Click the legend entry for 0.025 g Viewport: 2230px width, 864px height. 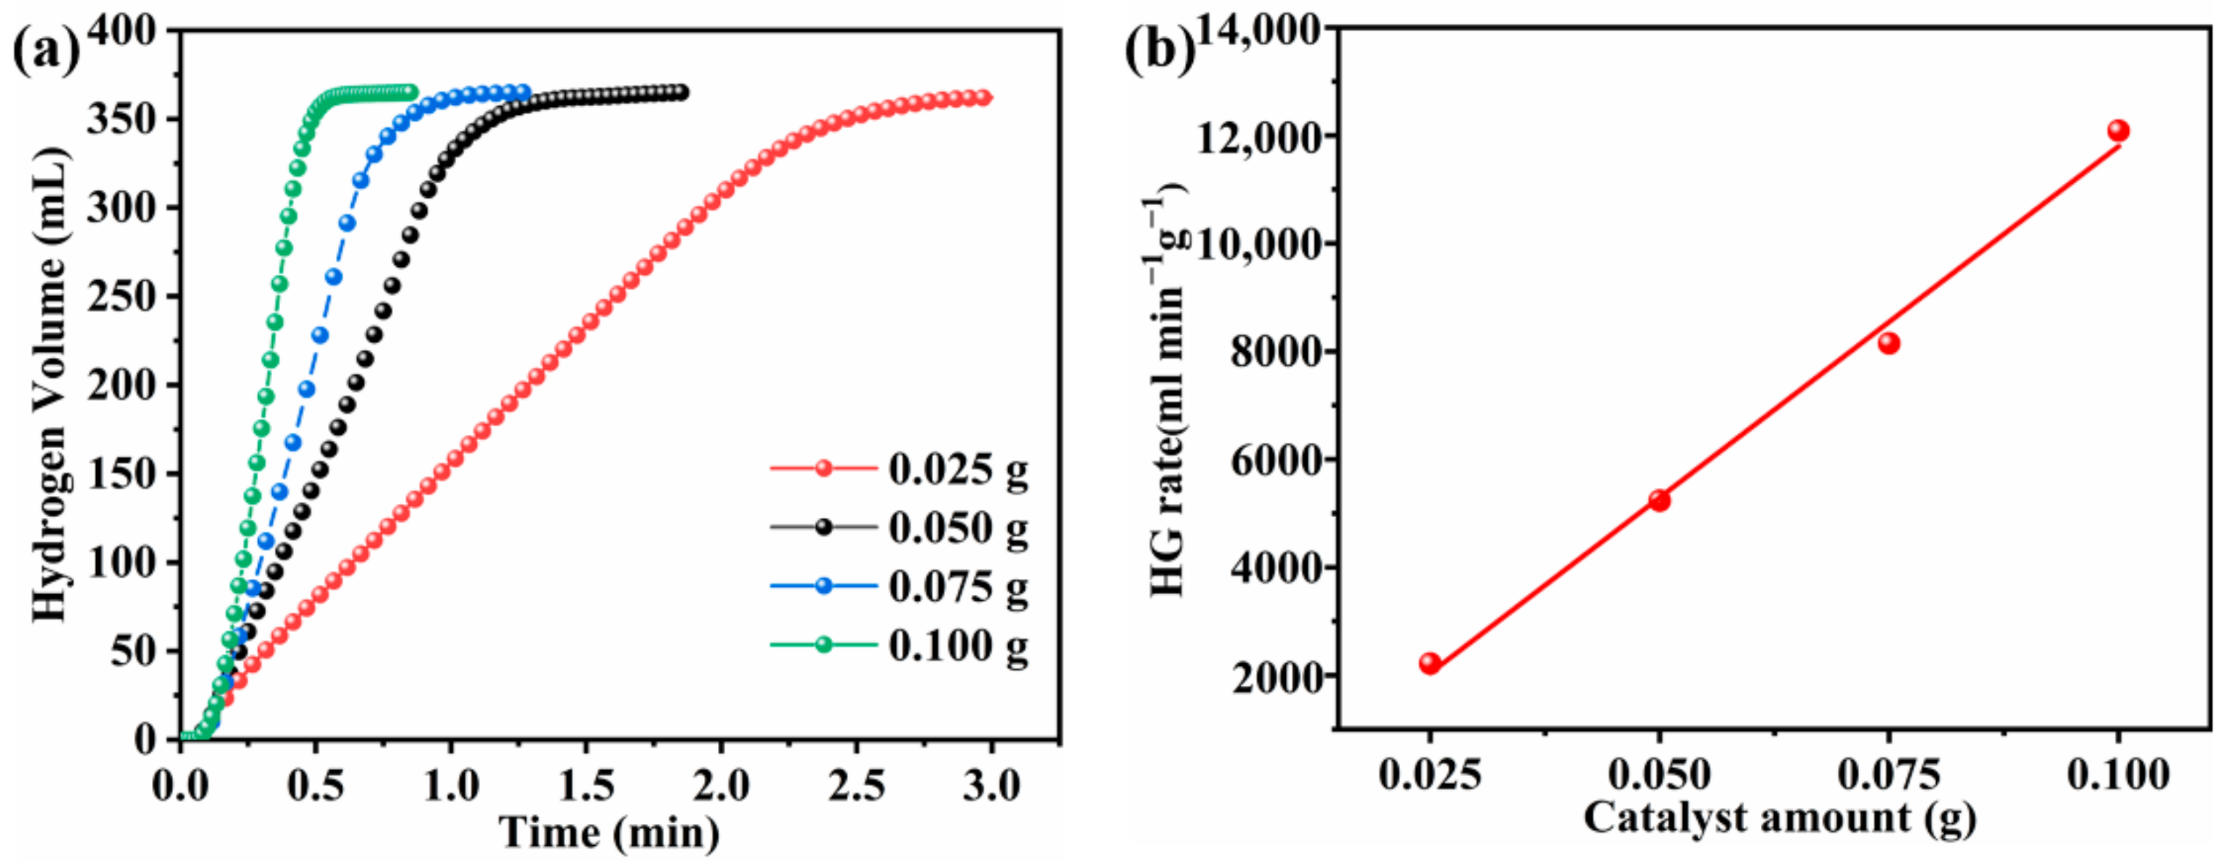(900, 469)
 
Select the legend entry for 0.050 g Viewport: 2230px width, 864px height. (900, 527)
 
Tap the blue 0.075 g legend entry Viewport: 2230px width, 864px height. (900, 587)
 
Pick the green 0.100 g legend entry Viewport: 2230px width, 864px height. (900, 645)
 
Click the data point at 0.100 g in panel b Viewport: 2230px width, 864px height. (2118, 132)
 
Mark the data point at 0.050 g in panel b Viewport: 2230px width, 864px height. (1658, 500)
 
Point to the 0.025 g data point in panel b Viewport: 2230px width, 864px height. (1430, 664)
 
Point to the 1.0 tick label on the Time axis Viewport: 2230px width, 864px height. (450, 786)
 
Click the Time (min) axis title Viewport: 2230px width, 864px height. (610, 833)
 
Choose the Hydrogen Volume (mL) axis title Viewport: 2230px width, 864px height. (50, 383)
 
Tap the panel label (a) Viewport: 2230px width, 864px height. (45, 50)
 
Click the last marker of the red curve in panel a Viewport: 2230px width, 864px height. (983, 98)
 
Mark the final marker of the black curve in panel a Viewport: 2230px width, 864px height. (682, 92)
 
